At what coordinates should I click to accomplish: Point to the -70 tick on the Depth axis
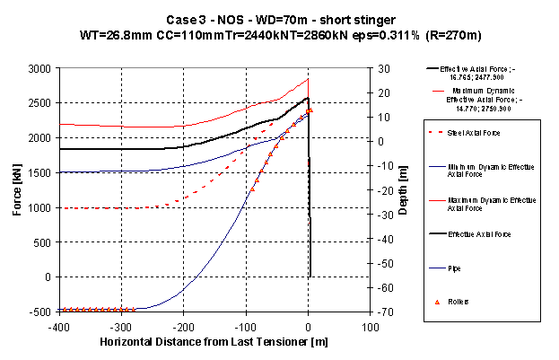[x=384, y=312]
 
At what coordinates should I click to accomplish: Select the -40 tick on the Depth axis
[x=384, y=239]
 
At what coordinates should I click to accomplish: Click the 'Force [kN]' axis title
[x=14, y=189]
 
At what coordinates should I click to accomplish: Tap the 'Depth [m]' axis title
[x=406, y=189]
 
